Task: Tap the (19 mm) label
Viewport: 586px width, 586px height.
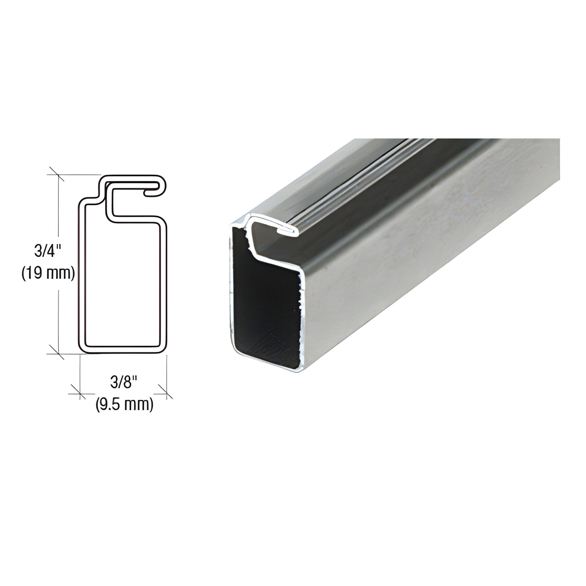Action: [x=48, y=273]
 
